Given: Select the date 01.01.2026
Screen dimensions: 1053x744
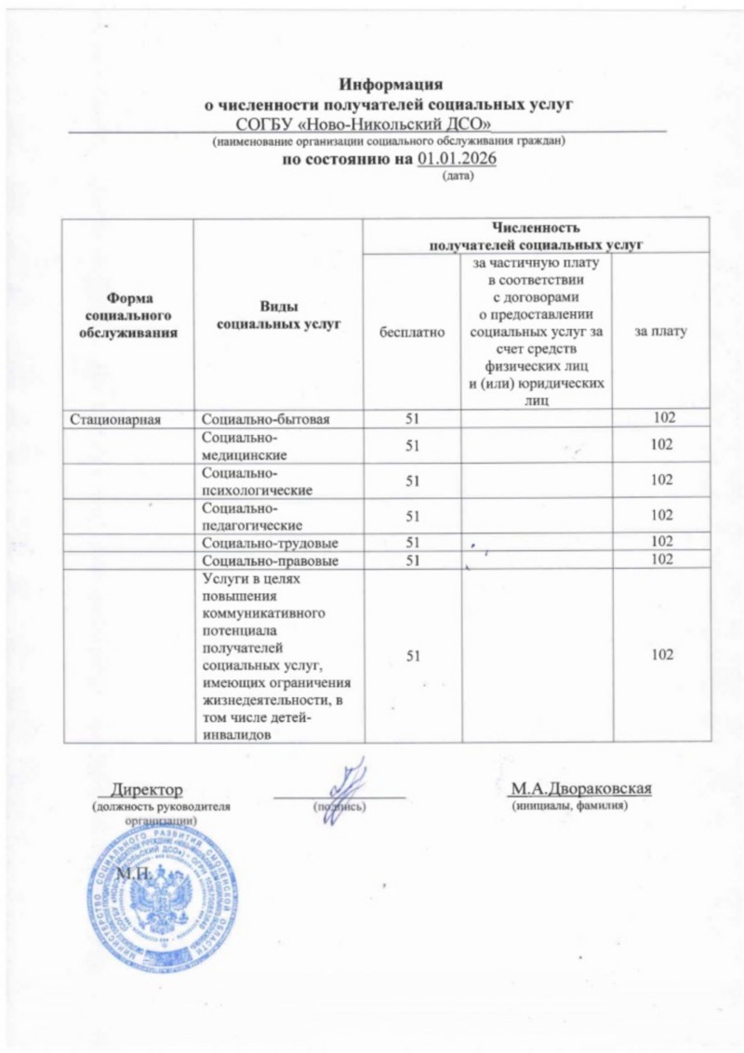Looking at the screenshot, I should click(457, 160).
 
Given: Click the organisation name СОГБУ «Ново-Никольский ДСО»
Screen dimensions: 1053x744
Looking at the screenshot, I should click(364, 123).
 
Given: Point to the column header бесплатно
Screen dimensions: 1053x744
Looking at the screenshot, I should click(412, 331).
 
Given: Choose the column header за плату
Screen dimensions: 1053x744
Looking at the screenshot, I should click(662, 331).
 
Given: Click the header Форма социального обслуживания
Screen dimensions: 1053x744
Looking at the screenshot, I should click(129, 315).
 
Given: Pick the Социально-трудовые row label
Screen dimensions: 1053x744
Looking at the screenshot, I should click(269, 542).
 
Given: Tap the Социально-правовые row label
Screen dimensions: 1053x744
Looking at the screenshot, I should click(270, 560).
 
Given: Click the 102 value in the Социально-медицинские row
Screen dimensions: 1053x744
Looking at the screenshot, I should click(662, 445).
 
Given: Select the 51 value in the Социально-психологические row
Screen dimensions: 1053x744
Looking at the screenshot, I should click(412, 480).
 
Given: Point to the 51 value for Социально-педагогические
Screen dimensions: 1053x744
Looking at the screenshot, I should click(412, 516).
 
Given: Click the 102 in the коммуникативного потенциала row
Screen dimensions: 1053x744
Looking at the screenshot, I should click(662, 655).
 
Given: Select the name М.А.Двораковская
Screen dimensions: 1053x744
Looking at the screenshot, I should click(580, 789).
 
